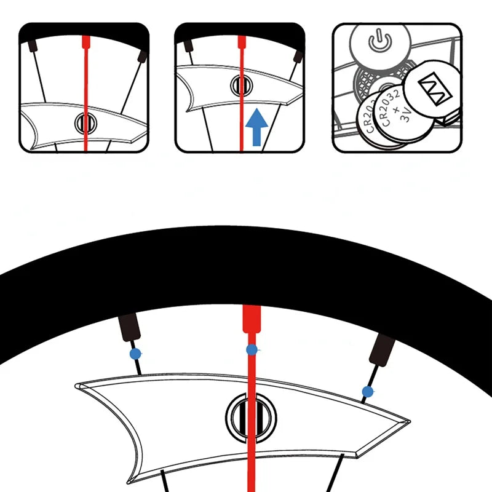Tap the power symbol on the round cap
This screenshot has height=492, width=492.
(379, 43)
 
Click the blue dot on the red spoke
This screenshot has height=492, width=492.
(252, 350)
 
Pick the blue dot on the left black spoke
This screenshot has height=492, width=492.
(135, 354)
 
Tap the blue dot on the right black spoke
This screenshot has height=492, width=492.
(368, 391)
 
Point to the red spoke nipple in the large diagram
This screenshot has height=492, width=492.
(250, 320)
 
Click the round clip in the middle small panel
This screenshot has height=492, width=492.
(240, 85)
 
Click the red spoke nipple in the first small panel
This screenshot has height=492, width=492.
(85, 42)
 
